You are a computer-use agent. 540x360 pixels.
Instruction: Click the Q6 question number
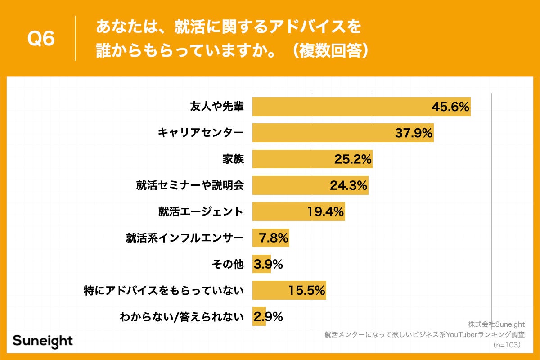(x=41, y=39)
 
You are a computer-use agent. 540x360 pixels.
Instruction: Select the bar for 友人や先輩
(x=342, y=107)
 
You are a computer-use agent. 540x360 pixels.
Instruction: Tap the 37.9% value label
(x=414, y=133)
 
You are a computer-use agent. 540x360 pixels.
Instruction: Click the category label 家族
(x=233, y=159)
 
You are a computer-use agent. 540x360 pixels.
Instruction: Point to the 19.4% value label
(x=326, y=211)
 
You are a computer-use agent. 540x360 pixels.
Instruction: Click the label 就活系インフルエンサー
(x=184, y=238)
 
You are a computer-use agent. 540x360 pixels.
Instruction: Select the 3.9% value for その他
(x=268, y=264)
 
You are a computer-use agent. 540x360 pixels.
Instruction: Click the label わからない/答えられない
(x=182, y=317)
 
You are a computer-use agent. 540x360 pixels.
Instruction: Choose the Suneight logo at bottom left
(x=42, y=341)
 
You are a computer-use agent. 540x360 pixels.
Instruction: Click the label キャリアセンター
(x=201, y=133)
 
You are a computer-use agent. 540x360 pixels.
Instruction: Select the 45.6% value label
(x=450, y=107)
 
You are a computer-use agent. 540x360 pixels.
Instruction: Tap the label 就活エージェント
(x=201, y=211)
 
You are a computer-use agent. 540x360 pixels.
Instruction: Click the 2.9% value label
(x=268, y=317)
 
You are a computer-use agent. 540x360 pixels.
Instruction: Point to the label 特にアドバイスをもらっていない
(x=164, y=290)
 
